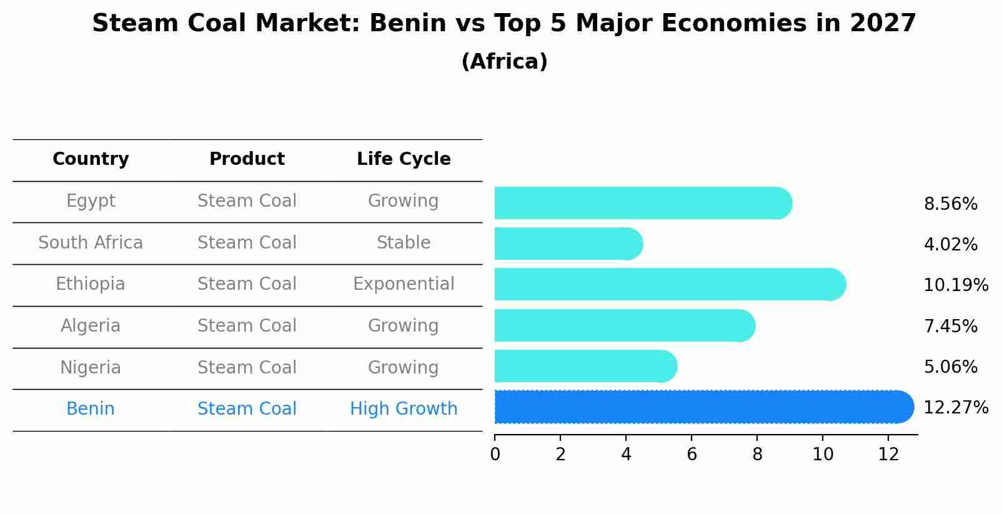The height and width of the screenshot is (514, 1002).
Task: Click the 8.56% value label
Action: click(x=950, y=204)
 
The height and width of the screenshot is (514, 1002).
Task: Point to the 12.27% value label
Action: click(x=955, y=408)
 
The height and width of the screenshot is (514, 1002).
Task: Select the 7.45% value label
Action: click(x=950, y=326)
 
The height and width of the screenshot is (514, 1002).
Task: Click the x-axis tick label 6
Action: click(x=692, y=455)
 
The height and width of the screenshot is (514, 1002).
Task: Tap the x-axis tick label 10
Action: click(x=823, y=455)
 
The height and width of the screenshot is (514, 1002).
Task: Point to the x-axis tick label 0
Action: click(x=495, y=455)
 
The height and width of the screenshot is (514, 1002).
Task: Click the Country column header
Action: click(x=91, y=159)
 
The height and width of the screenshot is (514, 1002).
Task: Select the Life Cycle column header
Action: click(x=404, y=159)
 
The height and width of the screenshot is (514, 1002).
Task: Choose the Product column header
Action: click(x=247, y=159)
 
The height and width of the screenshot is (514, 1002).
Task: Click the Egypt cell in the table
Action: click(x=91, y=201)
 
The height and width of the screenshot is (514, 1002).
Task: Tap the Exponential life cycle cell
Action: click(x=404, y=284)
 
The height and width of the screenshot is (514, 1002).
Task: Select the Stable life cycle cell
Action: click(x=404, y=243)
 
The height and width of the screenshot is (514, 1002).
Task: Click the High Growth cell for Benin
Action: click(x=404, y=409)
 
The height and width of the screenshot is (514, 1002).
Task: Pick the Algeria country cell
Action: click(x=91, y=326)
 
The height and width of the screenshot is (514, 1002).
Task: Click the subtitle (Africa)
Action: click(x=504, y=62)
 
